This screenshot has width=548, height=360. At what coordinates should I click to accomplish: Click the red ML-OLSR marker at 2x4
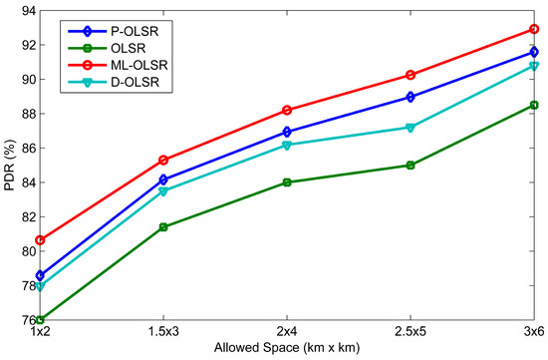point(287,110)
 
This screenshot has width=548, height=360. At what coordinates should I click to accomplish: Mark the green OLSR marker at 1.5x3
point(163,227)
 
